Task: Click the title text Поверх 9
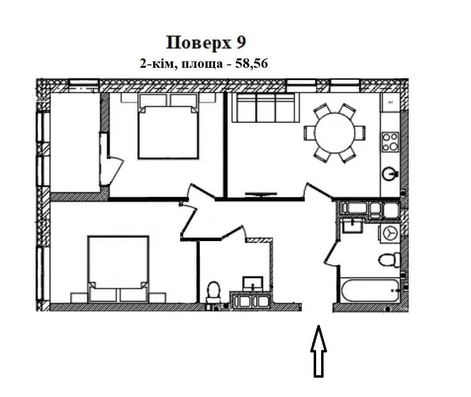pos(206,43)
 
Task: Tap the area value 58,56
pos(251,64)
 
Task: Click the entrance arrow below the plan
pos(319,351)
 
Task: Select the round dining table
pos(334,133)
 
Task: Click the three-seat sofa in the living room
pos(266,108)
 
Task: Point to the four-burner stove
pos(390,142)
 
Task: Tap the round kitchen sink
pos(389,173)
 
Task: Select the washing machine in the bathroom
pos(390,233)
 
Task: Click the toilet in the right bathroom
pos(389,260)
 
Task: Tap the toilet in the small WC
pos(214,292)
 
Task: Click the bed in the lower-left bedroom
pos(118,269)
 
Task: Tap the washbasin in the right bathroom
pos(353,225)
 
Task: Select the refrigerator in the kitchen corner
pos(390,102)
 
